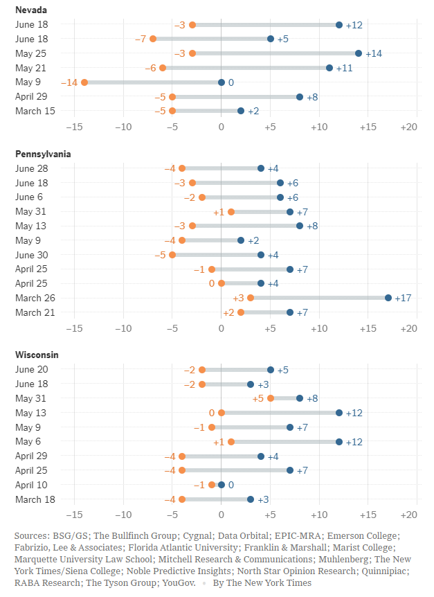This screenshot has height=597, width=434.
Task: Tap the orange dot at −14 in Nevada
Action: (84, 82)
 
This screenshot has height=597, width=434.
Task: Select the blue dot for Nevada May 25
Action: (359, 53)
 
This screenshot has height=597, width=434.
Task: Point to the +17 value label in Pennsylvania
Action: (404, 298)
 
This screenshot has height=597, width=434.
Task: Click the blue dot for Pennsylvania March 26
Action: (388, 298)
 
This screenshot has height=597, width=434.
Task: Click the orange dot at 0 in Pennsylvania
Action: (221, 283)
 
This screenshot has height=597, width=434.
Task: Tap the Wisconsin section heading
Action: (37, 355)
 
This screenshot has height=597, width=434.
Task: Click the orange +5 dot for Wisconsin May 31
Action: (271, 398)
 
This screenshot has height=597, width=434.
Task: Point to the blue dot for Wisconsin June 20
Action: (271, 370)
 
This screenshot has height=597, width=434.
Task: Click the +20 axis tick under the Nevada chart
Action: (408, 127)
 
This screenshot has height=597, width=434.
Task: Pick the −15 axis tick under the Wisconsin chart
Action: (74, 515)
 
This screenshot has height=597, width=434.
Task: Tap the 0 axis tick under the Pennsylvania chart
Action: (221, 328)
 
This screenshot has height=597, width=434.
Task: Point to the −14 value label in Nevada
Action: (69, 82)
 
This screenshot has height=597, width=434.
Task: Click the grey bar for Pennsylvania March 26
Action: (318, 298)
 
